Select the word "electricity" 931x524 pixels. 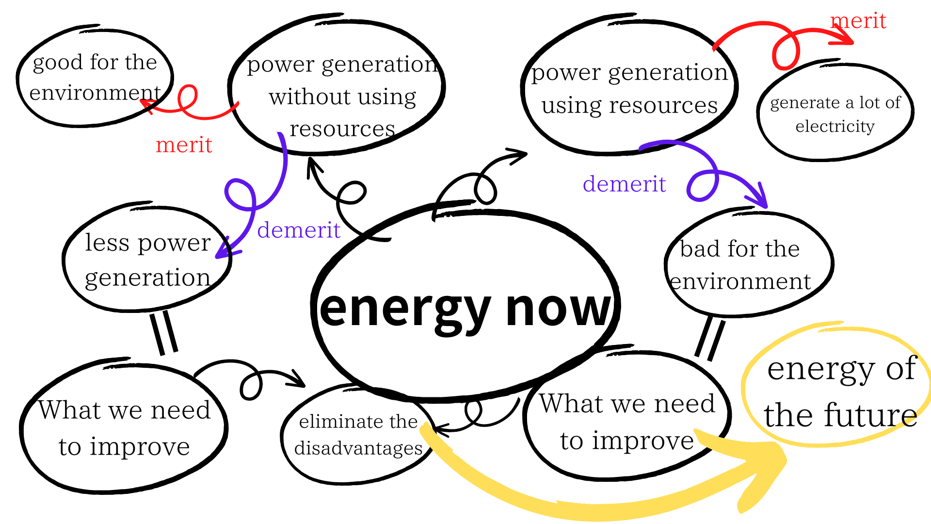click(x=835, y=126)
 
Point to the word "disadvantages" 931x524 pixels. click(x=358, y=448)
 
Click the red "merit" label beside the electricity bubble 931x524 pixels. click(x=858, y=21)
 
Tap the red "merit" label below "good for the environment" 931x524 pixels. click(x=184, y=145)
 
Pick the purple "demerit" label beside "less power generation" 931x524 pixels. click(x=299, y=230)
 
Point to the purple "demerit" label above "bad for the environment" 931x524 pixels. click(x=624, y=184)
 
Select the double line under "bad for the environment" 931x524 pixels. click(x=710, y=339)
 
